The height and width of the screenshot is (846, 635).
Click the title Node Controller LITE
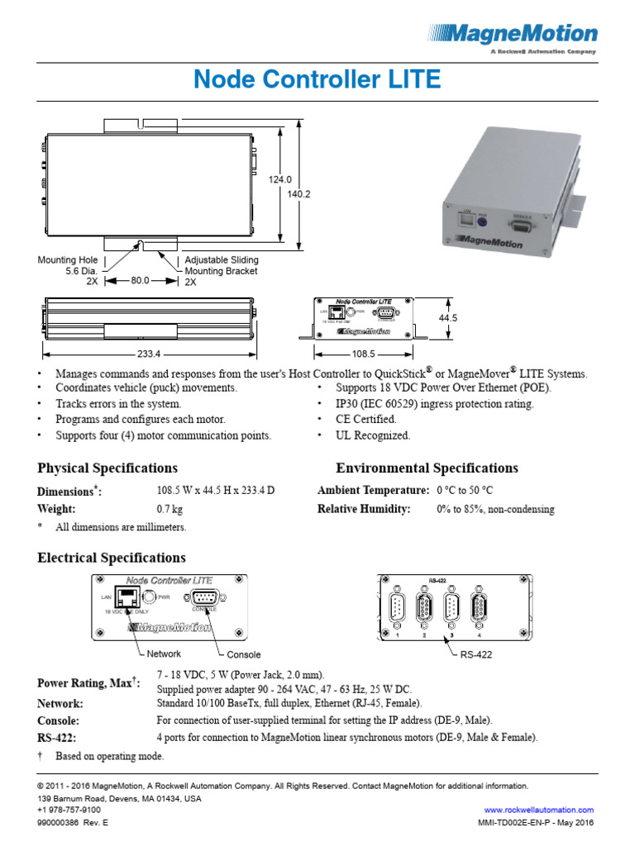(x=317, y=80)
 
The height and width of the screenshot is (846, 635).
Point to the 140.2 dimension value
(x=298, y=194)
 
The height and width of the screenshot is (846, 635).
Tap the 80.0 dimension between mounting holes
(x=140, y=281)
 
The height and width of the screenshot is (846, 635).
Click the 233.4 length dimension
(x=149, y=353)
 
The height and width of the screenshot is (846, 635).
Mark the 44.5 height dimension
(x=448, y=318)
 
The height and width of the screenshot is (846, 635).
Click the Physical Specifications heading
(x=107, y=468)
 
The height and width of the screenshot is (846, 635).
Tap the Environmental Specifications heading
(x=427, y=468)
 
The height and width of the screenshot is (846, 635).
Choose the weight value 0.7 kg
(x=170, y=509)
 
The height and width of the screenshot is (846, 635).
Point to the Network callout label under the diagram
(x=164, y=654)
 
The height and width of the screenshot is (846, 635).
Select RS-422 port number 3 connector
(x=451, y=611)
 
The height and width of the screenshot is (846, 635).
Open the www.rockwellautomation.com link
(x=538, y=810)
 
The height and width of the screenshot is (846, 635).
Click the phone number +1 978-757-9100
(x=69, y=810)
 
